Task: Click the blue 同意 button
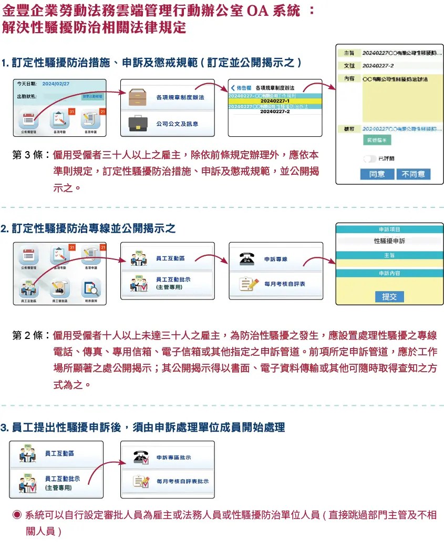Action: [x=377, y=174]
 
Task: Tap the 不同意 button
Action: [x=414, y=174]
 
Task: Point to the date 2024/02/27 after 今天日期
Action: [x=56, y=84]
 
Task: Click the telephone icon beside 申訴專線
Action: [x=245, y=259]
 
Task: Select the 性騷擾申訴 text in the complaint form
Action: [x=389, y=241]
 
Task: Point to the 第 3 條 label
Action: [x=30, y=155]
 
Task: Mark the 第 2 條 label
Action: [x=30, y=336]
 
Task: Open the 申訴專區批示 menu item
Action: [x=173, y=457]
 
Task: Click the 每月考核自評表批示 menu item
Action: [x=182, y=481]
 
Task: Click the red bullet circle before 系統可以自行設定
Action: [x=17, y=514]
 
